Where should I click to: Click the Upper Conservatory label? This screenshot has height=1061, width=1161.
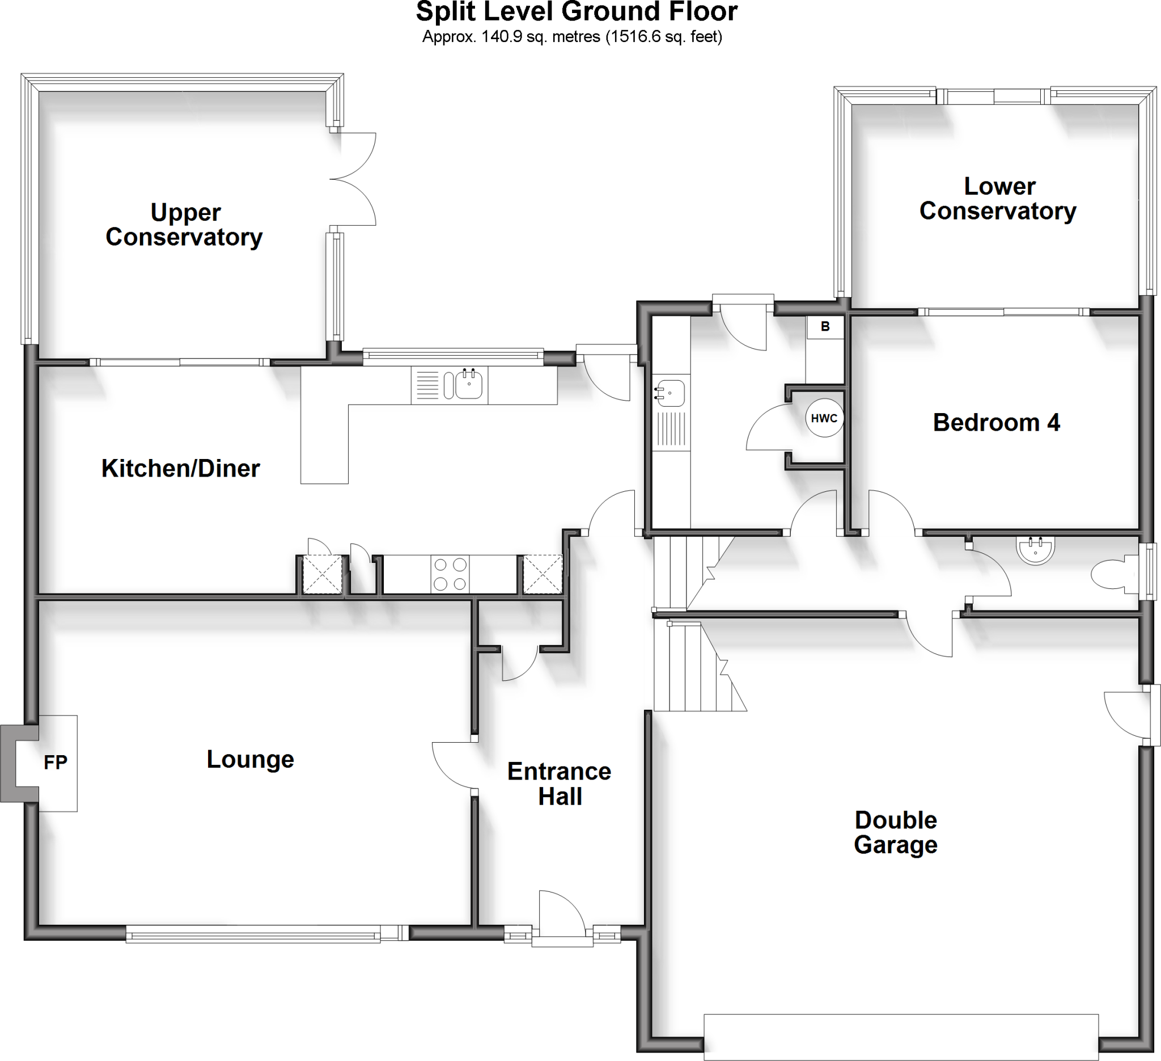184,225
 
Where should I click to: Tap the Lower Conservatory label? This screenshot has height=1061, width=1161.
998,199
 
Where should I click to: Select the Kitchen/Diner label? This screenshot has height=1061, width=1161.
181,469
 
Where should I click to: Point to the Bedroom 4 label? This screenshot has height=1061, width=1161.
996,423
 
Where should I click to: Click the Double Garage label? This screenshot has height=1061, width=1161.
896,832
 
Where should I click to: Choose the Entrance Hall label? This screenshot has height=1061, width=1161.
559,784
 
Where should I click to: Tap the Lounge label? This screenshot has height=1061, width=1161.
251,760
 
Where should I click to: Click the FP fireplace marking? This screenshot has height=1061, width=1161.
56,763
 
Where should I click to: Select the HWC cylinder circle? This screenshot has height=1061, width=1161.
824,418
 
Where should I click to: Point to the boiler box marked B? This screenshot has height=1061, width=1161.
825,327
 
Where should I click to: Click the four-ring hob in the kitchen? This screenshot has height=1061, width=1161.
450,574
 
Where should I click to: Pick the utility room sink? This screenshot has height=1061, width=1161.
670,393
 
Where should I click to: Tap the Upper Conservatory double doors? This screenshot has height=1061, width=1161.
353,179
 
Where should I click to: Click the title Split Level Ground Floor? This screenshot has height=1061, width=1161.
577,11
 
